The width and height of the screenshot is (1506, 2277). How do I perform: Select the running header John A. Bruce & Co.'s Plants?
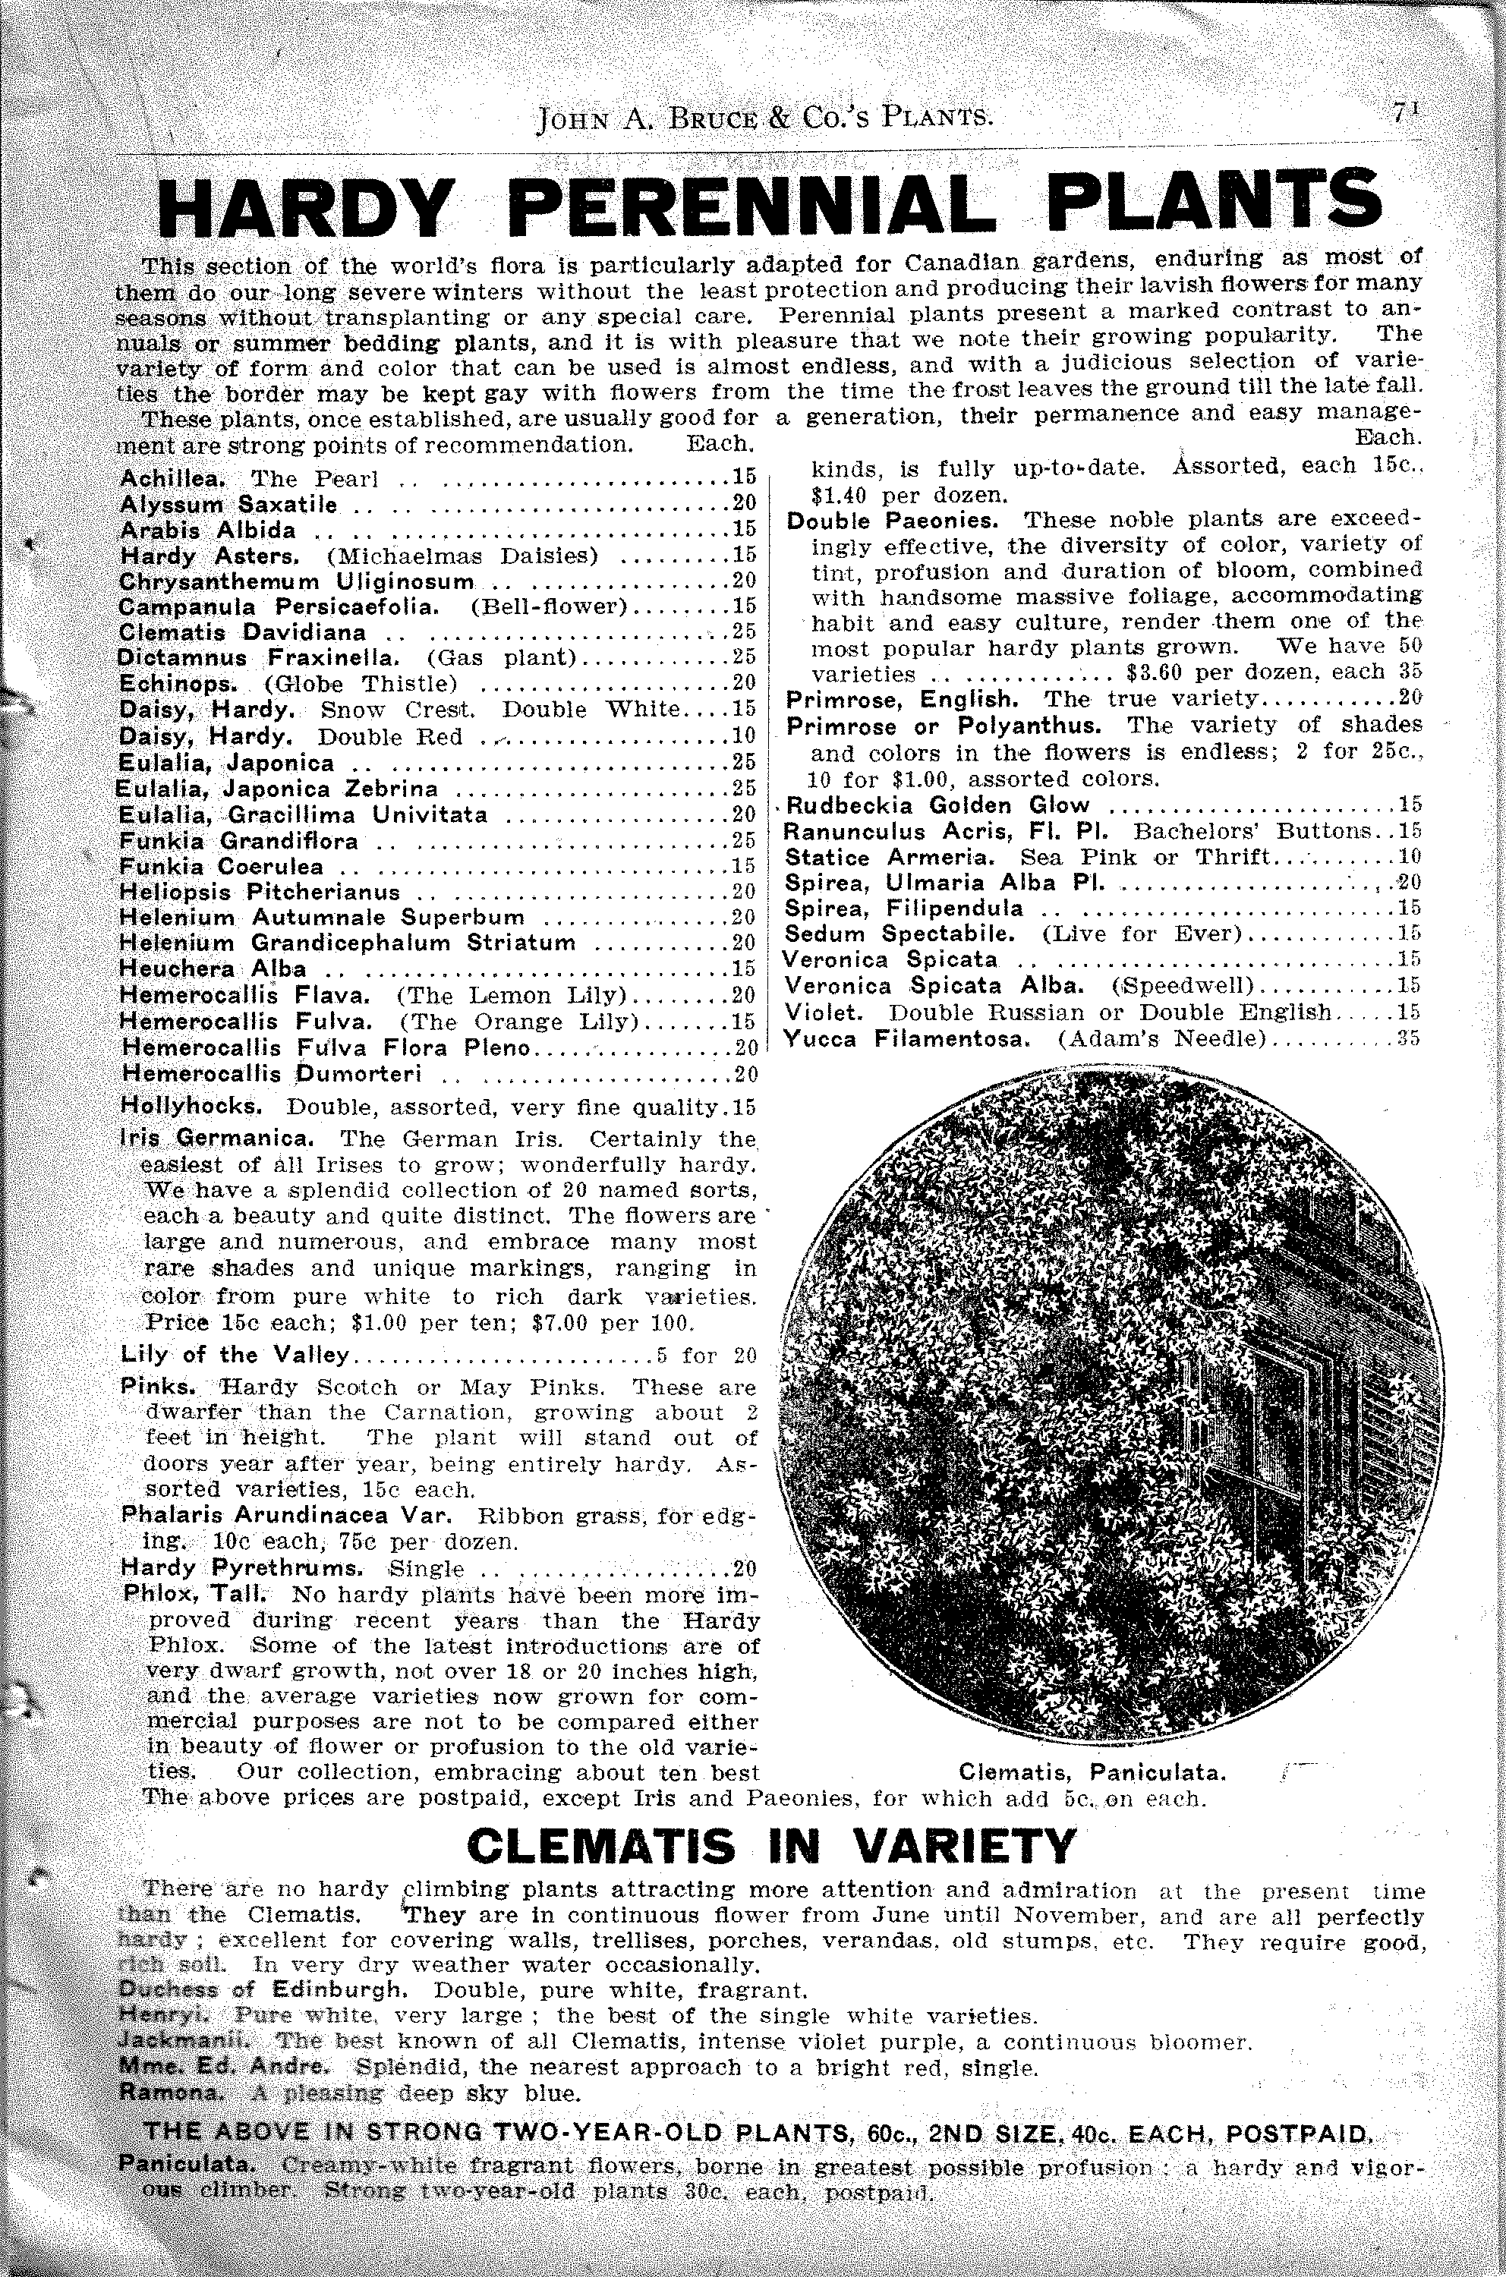[764, 119]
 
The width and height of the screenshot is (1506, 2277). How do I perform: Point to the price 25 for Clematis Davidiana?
[743, 633]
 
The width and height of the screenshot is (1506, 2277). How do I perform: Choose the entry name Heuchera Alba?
[213, 969]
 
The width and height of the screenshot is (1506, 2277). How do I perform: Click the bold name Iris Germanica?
[216, 1139]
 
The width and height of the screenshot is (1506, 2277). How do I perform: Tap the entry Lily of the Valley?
[235, 1355]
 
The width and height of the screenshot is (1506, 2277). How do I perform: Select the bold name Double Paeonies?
[892, 521]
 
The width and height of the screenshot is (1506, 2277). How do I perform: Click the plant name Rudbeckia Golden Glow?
[937, 805]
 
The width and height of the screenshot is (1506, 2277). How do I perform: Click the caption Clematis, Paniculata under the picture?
[1092, 1771]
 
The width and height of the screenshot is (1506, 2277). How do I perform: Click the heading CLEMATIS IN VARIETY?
[771, 1846]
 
